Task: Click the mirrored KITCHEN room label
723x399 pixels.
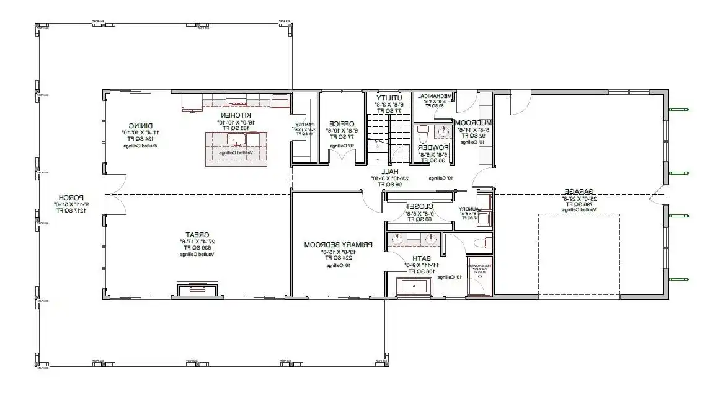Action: tap(235, 116)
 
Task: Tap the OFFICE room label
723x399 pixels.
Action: tap(341, 123)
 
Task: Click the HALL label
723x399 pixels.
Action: tap(389, 171)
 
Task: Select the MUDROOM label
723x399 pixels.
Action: tap(474, 123)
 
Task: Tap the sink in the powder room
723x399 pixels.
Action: tap(445, 131)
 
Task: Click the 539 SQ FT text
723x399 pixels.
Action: tap(198, 247)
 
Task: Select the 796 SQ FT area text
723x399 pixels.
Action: tap(579, 204)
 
